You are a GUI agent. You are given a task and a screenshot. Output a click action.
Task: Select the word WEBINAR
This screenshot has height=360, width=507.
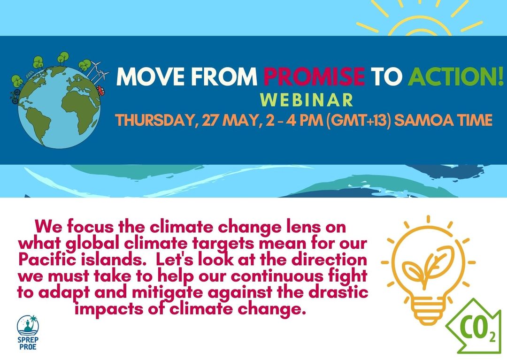coord(307,100)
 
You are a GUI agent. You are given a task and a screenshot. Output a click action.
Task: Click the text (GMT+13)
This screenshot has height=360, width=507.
coord(359,120)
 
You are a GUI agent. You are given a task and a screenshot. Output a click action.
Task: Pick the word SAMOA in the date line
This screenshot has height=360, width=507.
coord(422,120)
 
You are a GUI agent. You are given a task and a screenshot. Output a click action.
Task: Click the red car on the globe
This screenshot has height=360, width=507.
coord(100,91)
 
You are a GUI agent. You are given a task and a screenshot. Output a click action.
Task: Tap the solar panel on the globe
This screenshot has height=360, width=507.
coord(30,74)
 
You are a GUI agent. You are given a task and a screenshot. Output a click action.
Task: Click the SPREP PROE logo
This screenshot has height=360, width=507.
coord(28,332)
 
